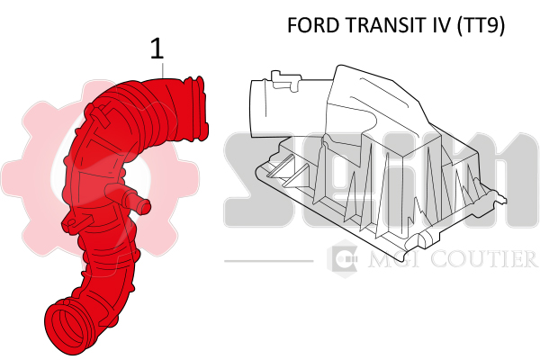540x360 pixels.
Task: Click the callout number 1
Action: click(x=157, y=49)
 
